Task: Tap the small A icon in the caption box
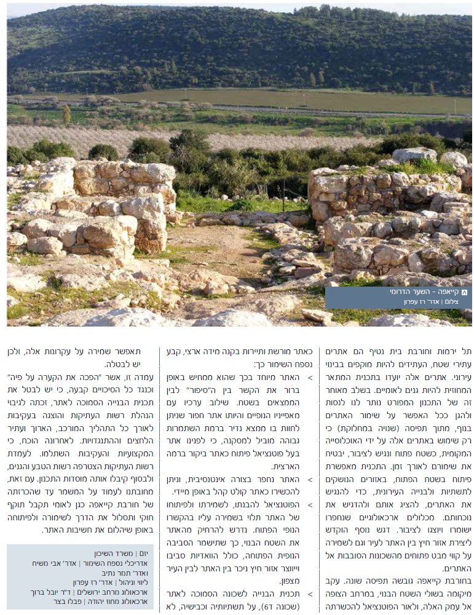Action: click(464, 292)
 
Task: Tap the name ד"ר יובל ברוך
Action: click(52, 592)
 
